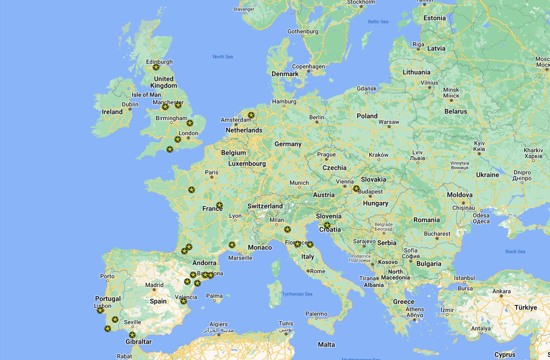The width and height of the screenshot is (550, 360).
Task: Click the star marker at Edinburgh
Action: (156, 67)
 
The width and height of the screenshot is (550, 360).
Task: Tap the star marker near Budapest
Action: (356, 189)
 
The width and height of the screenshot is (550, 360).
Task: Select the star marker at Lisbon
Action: (100, 310)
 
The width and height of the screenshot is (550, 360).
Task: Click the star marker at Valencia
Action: (184, 301)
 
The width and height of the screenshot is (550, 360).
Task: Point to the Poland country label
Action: (367, 116)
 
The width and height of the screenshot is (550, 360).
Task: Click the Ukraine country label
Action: (487, 175)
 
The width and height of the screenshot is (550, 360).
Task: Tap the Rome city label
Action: (318, 271)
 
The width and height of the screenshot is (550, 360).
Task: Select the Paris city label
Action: (212, 172)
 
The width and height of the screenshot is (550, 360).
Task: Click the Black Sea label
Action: (515, 252)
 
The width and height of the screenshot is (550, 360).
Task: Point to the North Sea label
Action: (223, 57)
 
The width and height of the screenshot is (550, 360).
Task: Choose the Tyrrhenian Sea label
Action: (297, 294)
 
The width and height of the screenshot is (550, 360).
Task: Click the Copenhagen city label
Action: (308, 66)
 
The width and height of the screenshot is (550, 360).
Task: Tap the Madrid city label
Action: (154, 285)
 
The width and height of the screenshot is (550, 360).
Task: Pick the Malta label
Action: (326, 345)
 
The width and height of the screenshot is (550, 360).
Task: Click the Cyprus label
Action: (505, 355)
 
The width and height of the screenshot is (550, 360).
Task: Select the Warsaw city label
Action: (389, 122)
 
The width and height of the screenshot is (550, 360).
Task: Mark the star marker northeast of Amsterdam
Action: (251, 115)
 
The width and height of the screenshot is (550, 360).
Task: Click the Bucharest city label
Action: (437, 234)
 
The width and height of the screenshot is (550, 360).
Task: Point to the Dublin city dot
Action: (130, 109)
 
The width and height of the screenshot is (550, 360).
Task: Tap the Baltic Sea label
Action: (378, 22)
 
